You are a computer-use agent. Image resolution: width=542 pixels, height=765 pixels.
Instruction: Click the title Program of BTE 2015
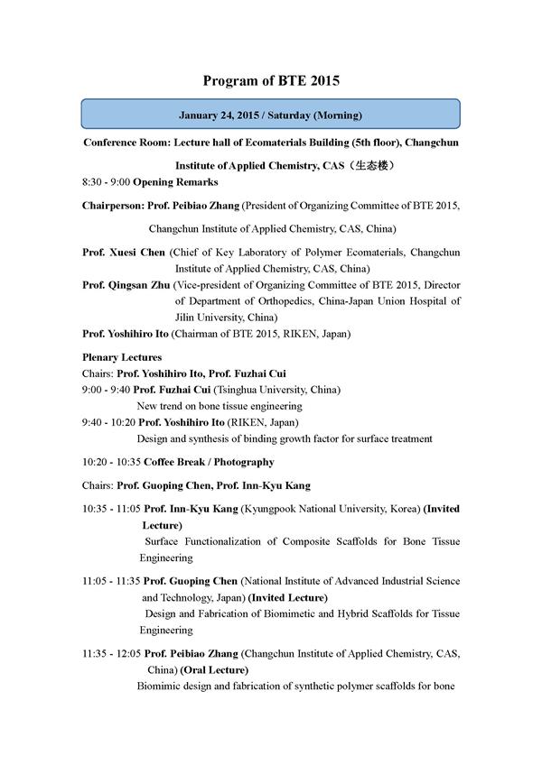point(271,80)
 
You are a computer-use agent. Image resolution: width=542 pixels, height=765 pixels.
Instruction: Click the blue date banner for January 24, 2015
point(270,115)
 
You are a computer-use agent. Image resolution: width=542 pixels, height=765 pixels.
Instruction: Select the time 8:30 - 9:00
point(106,182)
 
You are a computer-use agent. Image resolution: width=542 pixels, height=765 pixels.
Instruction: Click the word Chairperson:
point(113,206)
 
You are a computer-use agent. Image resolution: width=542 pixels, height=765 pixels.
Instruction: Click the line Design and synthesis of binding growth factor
point(284,438)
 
